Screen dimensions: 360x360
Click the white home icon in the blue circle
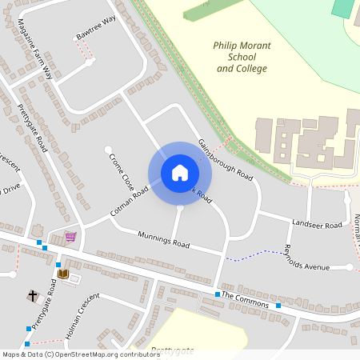(x=180, y=173)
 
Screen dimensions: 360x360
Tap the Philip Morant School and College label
(x=241, y=58)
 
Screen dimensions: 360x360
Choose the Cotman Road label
(x=130, y=203)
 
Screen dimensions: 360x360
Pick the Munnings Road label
(x=164, y=239)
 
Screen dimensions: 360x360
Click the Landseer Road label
(x=317, y=225)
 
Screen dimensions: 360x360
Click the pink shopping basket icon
(x=70, y=237)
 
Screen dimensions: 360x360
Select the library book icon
(x=63, y=274)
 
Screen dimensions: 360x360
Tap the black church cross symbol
(x=33, y=297)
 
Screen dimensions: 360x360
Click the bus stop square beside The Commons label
(x=217, y=295)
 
